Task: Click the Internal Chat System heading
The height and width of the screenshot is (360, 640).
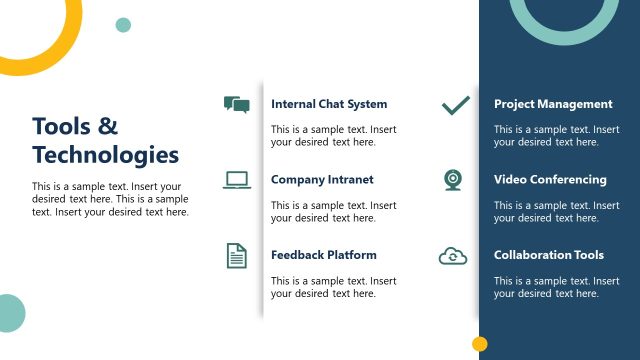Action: (328, 104)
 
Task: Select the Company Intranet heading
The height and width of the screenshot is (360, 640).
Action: (322, 180)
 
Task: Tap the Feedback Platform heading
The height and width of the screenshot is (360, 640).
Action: (323, 255)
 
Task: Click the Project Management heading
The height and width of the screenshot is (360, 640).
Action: (553, 104)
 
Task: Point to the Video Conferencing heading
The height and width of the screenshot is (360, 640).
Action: (550, 180)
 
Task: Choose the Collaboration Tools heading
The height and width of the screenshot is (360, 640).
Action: (549, 255)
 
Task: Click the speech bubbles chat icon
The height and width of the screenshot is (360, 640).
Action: (236, 105)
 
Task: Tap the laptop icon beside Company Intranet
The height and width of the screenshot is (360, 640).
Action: (237, 180)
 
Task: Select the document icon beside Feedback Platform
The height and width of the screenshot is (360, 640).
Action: (236, 256)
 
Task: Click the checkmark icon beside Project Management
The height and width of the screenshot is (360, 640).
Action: (456, 105)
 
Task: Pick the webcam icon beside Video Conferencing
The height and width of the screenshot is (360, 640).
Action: (453, 180)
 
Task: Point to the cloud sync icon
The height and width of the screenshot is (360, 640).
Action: (453, 256)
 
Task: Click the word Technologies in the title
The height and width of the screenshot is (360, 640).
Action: (105, 155)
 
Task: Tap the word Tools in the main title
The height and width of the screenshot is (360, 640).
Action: (61, 126)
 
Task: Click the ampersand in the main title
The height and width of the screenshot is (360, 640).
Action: (108, 126)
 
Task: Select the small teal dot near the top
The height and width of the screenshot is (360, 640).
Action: (123, 25)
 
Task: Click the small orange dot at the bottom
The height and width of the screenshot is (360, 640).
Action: (479, 344)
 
